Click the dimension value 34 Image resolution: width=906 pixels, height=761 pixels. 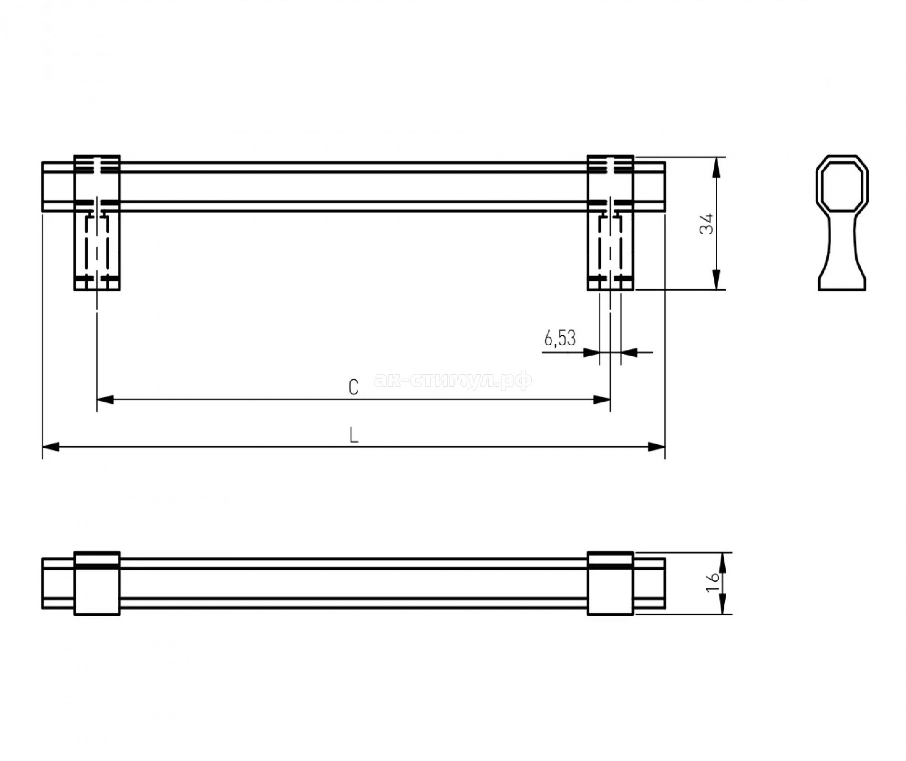click(x=707, y=223)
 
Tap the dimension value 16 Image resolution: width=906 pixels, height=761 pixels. click(x=712, y=582)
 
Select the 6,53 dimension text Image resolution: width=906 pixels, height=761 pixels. click(x=560, y=338)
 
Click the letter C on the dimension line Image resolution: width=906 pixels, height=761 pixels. click(x=353, y=387)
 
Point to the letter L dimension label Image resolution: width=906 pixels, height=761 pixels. click(x=354, y=435)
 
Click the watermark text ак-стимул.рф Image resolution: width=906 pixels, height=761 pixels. click(x=453, y=380)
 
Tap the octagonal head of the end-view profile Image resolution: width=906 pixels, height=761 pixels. click(x=842, y=183)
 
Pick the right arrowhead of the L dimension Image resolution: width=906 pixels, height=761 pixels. click(x=656, y=447)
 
